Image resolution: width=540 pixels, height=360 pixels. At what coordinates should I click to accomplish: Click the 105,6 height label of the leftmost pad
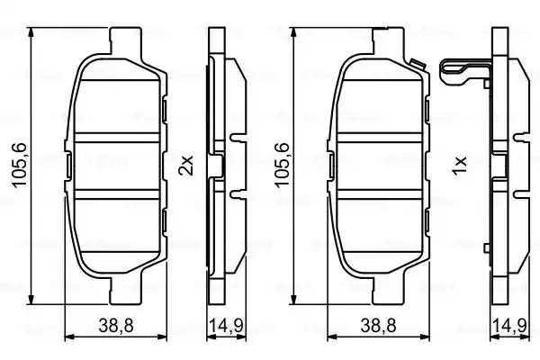(19, 165)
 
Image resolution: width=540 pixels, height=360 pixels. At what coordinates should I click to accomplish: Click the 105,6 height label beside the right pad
(282, 165)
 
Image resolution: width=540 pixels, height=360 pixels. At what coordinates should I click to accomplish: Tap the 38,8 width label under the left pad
(116, 325)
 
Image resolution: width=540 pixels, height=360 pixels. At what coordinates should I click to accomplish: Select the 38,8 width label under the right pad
(378, 325)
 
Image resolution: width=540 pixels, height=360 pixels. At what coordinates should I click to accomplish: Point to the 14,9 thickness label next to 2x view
(226, 325)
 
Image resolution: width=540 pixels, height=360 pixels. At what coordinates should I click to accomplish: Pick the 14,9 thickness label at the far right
(509, 325)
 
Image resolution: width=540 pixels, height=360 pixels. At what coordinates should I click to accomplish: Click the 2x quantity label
(186, 165)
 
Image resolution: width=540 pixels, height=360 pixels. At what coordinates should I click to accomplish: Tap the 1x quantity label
(460, 166)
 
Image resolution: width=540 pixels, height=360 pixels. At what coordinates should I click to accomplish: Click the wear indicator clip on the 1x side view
(465, 74)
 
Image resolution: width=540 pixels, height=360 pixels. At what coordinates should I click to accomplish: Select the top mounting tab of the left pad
(125, 40)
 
